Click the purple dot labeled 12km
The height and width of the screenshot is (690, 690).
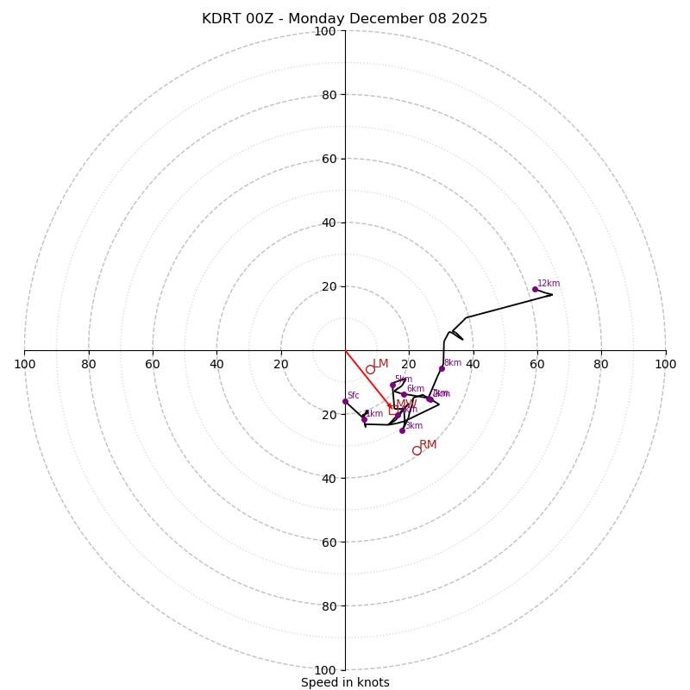click(x=535, y=289)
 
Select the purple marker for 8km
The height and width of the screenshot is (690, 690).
click(x=442, y=368)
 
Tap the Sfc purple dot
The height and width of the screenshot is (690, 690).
click(x=345, y=401)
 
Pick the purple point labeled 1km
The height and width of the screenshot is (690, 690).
click(x=364, y=419)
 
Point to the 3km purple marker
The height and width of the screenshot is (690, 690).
click(x=402, y=430)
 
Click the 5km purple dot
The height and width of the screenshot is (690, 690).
click(x=392, y=386)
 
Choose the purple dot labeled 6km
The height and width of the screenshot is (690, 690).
click(x=404, y=394)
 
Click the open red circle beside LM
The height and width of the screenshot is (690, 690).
click(x=370, y=369)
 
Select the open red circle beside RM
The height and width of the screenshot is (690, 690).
click(x=417, y=450)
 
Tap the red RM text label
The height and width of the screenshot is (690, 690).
click(x=428, y=445)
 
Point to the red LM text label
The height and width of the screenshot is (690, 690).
click(x=380, y=364)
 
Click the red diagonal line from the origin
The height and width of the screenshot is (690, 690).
click(x=367, y=377)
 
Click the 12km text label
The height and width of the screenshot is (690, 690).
click(x=549, y=284)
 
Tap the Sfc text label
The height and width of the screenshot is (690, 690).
click(x=353, y=396)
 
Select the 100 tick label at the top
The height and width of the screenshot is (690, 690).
click(x=325, y=32)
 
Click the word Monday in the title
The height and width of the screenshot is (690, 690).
click(x=324, y=19)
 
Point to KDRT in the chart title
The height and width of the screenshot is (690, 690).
click(x=221, y=19)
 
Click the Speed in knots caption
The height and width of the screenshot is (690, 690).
click(x=345, y=683)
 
